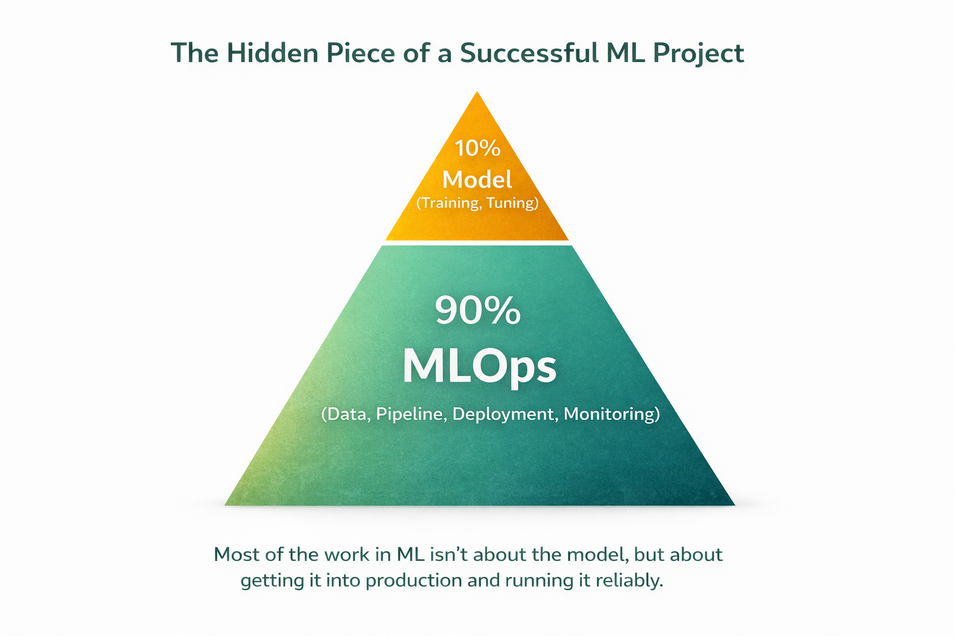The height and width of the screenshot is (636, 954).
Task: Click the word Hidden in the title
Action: [272, 53]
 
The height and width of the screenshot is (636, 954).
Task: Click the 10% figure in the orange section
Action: [477, 148]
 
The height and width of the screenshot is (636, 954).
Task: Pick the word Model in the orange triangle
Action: [477, 179]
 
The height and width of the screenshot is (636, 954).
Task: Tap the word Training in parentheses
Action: [448, 203]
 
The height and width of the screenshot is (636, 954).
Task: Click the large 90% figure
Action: [477, 311]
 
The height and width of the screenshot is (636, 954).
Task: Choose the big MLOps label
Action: [479, 367]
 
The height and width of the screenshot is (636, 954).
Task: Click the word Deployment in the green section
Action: [504, 414]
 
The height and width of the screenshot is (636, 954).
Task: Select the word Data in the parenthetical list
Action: [346, 414]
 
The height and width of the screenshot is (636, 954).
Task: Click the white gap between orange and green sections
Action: [477, 243]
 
